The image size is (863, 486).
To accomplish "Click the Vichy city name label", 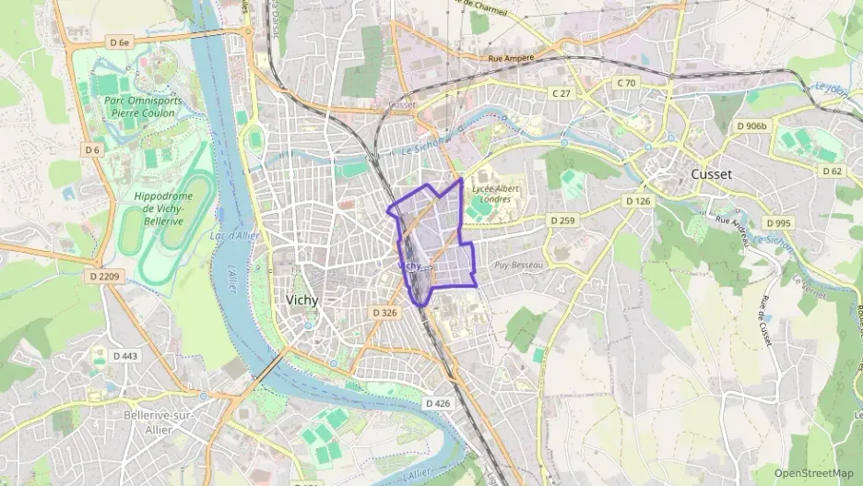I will tap(302, 302).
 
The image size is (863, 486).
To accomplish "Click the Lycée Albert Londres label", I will tap(497, 194).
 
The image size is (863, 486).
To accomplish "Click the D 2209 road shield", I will tap(108, 275).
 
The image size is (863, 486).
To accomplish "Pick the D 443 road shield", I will tap(124, 356).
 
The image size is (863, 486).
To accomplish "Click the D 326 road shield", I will tap(384, 314).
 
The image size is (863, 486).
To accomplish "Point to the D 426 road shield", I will tap(438, 403).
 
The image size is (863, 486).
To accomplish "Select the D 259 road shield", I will tap(562, 220).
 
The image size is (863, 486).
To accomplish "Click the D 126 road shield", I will tap(637, 201).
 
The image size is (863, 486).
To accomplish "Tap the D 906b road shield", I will tap(751, 126).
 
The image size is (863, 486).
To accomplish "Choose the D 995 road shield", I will tap(777, 223).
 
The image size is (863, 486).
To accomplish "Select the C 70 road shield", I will tap(626, 83).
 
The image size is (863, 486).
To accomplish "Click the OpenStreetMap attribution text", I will tap(812, 473).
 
